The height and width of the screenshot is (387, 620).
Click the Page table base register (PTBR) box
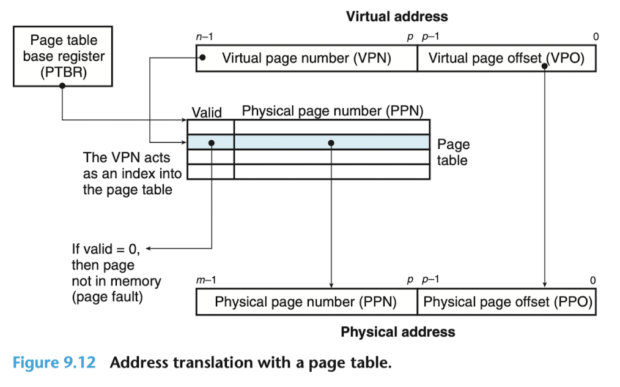[63, 56]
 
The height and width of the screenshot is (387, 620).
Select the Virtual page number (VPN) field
[307, 58]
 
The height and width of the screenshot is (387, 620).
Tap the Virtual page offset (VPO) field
[506, 58]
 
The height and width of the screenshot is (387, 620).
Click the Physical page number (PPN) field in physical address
[307, 302]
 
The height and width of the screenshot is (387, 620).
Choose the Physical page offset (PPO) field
[506, 302]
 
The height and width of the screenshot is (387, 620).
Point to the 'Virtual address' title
[397, 17]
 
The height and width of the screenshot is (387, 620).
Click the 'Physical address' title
[398, 332]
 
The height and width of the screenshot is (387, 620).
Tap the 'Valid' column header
[207, 113]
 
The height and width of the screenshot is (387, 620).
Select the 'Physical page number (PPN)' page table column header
[333, 111]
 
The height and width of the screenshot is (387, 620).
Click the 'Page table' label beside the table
[453, 152]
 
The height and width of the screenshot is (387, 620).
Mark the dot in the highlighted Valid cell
[212, 143]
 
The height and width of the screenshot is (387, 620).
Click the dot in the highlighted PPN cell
[331, 143]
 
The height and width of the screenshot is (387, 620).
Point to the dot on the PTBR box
[62, 86]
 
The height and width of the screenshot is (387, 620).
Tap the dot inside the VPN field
[202, 58]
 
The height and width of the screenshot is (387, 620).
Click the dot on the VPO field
[544, 66]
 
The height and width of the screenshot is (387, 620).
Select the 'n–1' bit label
[204, 37]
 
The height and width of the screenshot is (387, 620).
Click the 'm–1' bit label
[206, 280]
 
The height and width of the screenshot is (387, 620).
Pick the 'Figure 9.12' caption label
[54, 363]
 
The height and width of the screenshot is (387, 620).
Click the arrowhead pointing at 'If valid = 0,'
[149, 249]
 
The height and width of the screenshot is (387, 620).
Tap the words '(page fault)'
[107, 297]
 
